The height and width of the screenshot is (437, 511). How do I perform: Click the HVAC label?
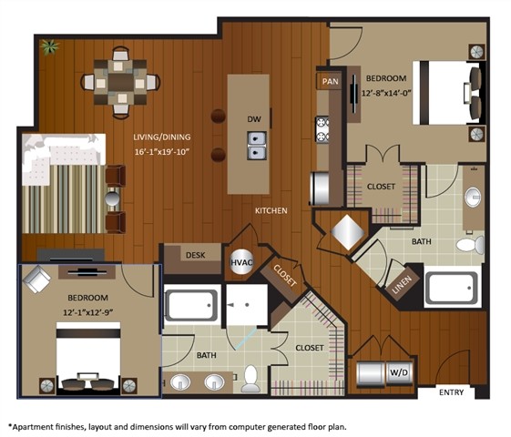[240, 262]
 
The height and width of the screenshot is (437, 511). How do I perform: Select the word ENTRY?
[452, 392]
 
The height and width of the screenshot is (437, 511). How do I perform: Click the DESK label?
[195, 256]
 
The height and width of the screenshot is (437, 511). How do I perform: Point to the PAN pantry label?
[330, 82]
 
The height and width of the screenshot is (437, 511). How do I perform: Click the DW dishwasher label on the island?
[253, 119]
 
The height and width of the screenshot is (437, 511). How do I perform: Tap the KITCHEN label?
[271, 210]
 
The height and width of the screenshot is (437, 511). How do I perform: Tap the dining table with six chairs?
[120, 82]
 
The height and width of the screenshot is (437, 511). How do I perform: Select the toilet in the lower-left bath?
[250, 381]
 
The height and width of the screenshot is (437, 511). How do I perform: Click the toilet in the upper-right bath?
[466, 245]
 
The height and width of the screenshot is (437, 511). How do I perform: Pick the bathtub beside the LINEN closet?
[451, 290]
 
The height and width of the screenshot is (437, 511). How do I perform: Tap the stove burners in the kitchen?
[322, 128]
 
